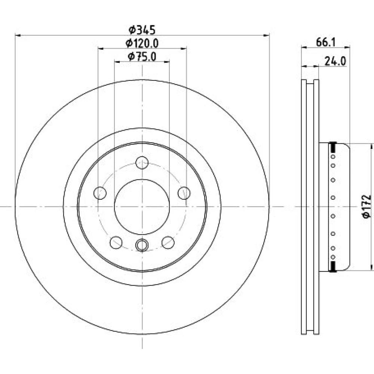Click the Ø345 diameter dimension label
pos(142,30)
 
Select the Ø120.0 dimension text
pos(142,43)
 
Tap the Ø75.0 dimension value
pos(142,57)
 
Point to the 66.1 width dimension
pos(326,43)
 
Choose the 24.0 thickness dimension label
pos(335,61)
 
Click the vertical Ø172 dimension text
pos(367,206)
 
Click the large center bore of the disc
pos(142,207)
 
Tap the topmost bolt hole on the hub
pos(142,163)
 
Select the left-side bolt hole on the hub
pos(100,193)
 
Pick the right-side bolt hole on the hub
pos(184,193)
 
